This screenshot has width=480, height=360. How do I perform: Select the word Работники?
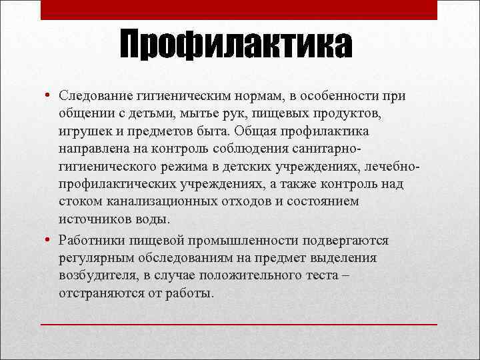(91, 241)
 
